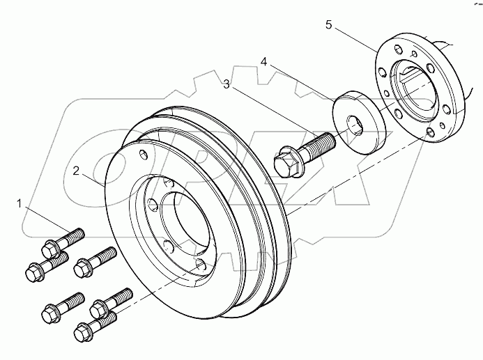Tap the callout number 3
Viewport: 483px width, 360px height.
click(x=226, y=84)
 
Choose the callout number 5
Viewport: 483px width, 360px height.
click(x=328, y=26)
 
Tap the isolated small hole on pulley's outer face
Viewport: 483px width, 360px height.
click(x=143, y=155)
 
